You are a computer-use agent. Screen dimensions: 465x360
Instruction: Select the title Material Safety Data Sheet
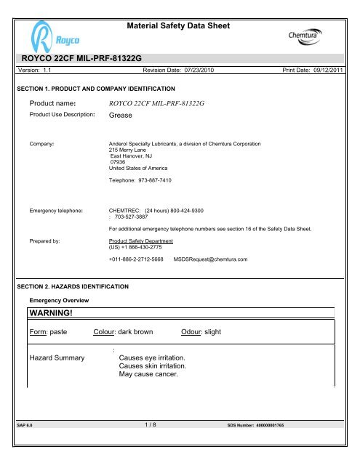coord(178,26)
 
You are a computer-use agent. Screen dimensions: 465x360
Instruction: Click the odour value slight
coord(215,332)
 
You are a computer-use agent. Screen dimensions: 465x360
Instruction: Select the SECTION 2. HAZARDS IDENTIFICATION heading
coord(73,288)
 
